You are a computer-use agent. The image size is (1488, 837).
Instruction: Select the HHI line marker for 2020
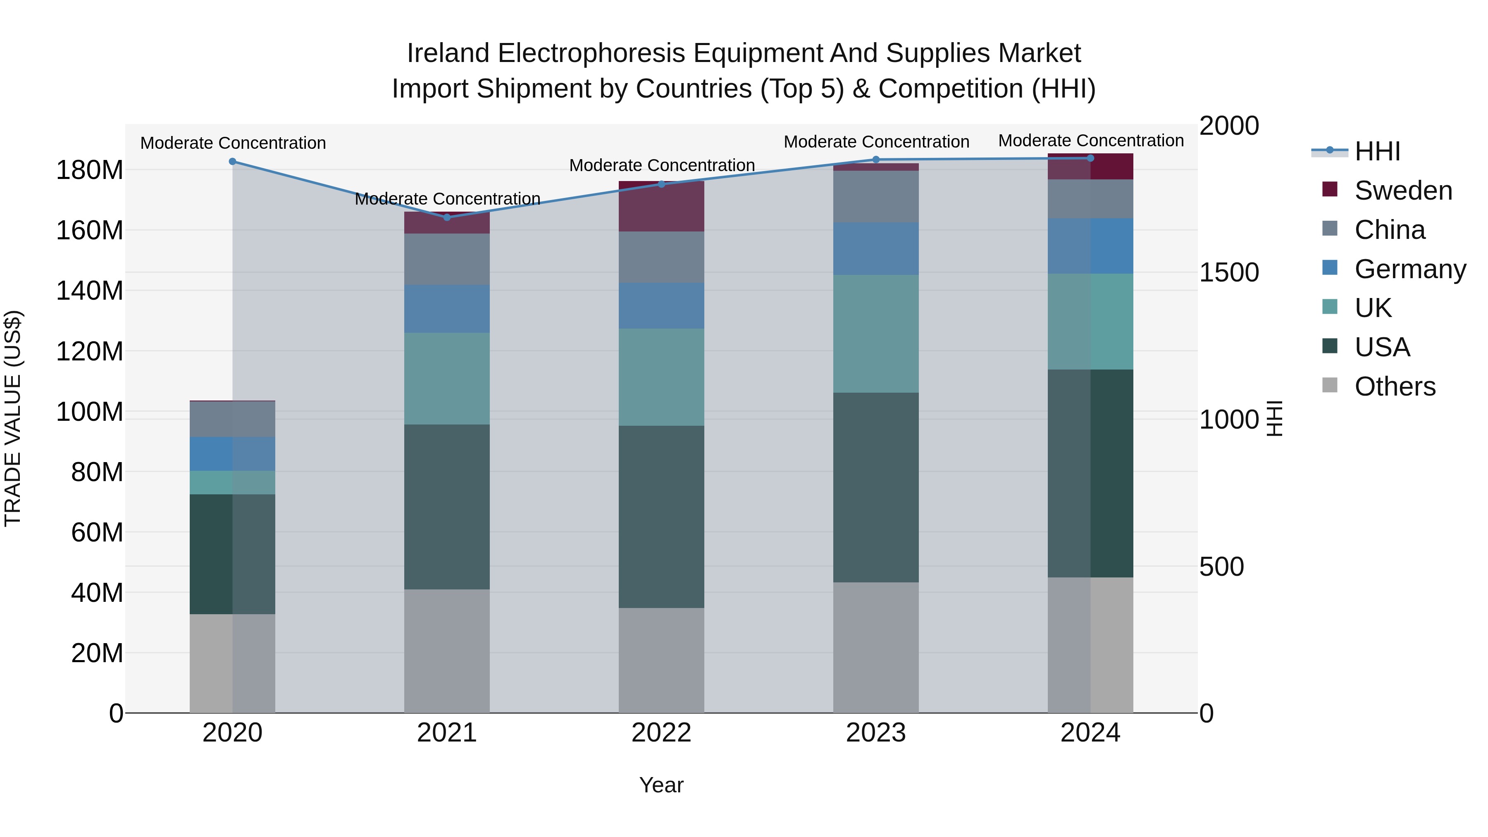click(232, 162)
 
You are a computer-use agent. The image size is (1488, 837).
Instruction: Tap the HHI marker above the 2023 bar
click(876, 160)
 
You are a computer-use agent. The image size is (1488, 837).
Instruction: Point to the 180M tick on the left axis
click(90, 170)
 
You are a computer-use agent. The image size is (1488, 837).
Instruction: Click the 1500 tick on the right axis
click(1229, 273)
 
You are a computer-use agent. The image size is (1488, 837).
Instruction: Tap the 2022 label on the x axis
click(661, 733)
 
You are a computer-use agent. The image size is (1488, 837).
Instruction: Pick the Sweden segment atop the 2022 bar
click(661, 206)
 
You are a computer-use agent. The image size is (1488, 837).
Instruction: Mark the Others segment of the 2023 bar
click(876, 647)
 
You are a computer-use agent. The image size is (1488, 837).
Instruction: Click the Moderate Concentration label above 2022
click(661, 166)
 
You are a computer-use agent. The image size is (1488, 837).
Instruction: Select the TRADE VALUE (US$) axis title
click(13, 418)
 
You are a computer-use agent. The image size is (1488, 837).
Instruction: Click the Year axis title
click(661, 785)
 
